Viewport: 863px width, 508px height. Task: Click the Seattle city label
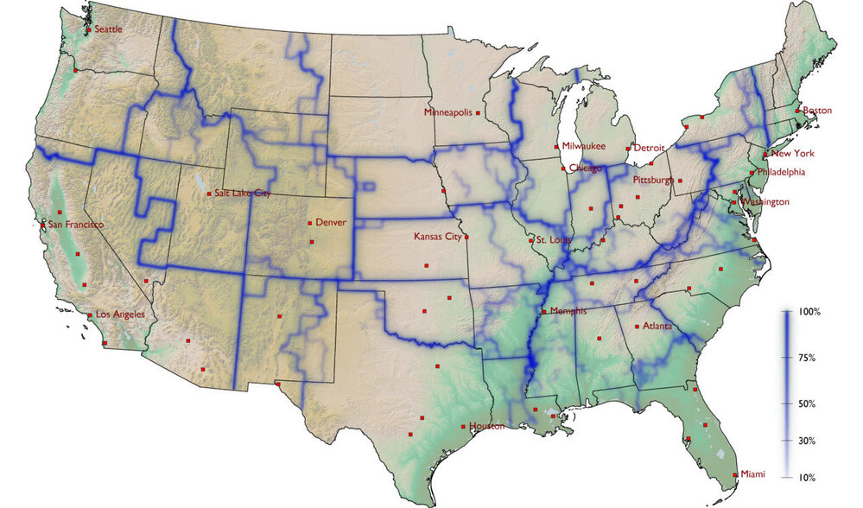point(108,29)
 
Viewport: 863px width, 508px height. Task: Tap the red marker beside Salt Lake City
point(208,194)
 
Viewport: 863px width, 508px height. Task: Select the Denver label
point(330,222)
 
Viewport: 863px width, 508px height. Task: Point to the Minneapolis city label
point(447,112)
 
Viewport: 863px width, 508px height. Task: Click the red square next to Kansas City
point(466,236)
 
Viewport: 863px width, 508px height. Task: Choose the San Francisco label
point(75,225)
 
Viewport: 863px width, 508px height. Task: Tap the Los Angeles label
point(119,314)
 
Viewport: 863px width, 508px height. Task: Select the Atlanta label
point(657,327)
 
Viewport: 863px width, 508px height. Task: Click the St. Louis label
point(552,238)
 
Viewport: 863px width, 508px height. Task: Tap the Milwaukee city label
point(584,147)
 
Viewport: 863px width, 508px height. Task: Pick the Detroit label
point(650,148)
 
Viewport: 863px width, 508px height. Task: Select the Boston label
point(817,111)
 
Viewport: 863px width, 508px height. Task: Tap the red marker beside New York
point(764,155)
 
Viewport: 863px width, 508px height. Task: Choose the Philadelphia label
point(780,172)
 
